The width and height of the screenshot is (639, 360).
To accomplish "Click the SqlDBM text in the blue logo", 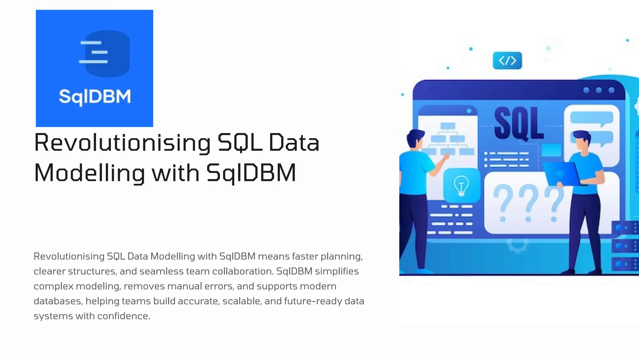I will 95,97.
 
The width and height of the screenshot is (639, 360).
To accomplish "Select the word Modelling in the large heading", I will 89,173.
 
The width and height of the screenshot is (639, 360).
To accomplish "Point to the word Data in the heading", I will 294,143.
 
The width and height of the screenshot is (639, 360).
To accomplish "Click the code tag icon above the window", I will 507,61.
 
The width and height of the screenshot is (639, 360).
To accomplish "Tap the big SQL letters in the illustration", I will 519,124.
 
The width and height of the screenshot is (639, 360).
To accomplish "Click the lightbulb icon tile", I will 461,185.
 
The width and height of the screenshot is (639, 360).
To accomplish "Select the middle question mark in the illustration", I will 528,203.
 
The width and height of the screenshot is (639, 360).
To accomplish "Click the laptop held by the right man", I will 561,174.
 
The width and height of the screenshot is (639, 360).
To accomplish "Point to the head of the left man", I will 416,139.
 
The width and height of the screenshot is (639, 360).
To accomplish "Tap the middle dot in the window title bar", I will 599,90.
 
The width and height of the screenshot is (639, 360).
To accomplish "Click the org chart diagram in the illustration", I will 448,139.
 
